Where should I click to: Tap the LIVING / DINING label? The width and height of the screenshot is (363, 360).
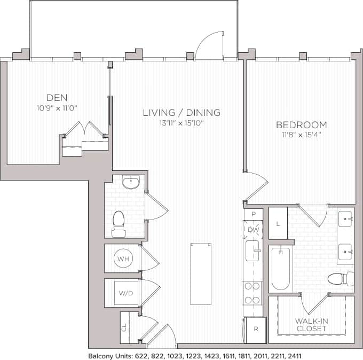pos(181,113)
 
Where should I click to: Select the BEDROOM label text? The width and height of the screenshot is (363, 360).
pos(301,125)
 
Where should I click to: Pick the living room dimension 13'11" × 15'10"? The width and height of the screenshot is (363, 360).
pos(181,123)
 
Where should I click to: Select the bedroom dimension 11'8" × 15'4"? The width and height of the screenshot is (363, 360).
pos(301,135)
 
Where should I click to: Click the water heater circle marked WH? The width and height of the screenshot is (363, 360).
pos(123,259)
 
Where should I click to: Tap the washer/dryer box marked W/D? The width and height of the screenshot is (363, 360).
pos(125,293)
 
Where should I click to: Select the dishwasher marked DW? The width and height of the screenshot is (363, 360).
pos(253,230)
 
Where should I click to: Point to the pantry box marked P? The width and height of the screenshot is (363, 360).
pos(253,214)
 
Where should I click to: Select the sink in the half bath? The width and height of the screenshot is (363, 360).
pos(130,183)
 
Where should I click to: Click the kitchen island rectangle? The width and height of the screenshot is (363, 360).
pos(201,273)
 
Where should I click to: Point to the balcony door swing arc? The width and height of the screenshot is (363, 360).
pos(209,46)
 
